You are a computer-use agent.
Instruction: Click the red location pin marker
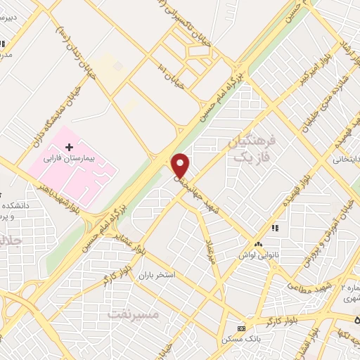[x=181, y=165]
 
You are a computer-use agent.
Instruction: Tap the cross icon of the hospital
[x=69, y=146]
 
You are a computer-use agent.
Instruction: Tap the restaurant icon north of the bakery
[x=275, y=229]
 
